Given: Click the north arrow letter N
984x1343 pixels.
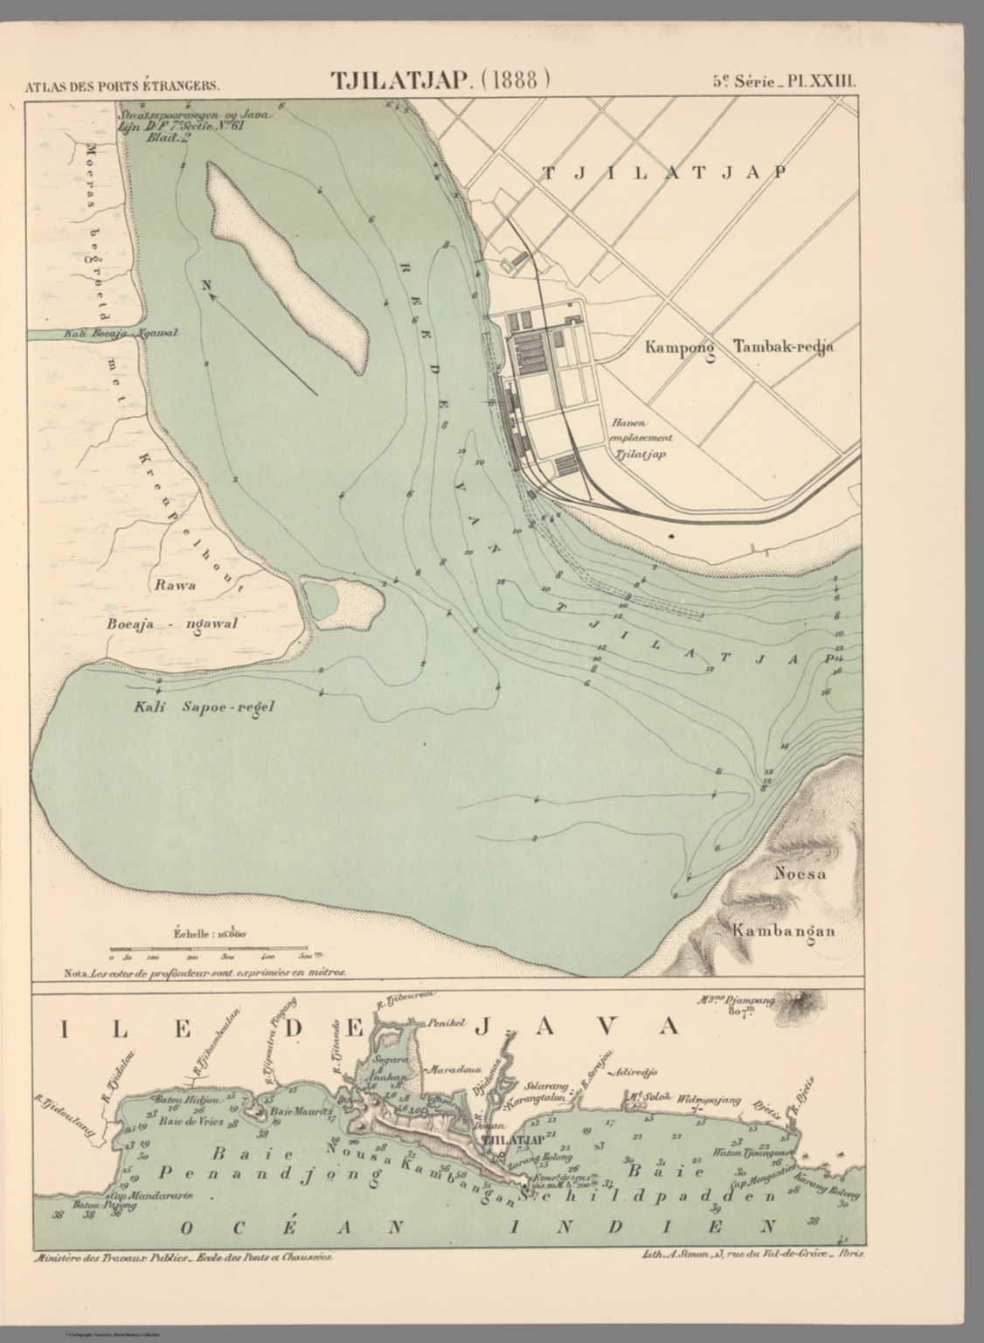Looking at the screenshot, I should pos(207,284).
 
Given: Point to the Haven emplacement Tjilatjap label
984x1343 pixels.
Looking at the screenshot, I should pos(641,438).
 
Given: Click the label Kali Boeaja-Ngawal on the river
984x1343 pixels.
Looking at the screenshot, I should pos(121,334).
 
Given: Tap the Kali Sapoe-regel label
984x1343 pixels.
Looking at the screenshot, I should pos(204,706).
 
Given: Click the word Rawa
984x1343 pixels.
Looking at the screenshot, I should pos(175,585).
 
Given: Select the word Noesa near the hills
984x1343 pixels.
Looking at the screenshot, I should pos(800,873).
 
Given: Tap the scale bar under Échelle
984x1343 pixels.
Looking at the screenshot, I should pos(208,948).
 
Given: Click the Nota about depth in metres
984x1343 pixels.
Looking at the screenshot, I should pos(205,971).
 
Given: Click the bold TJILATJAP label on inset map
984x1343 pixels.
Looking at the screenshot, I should pos(513,1140).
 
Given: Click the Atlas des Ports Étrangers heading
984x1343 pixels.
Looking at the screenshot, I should pos(122,86).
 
